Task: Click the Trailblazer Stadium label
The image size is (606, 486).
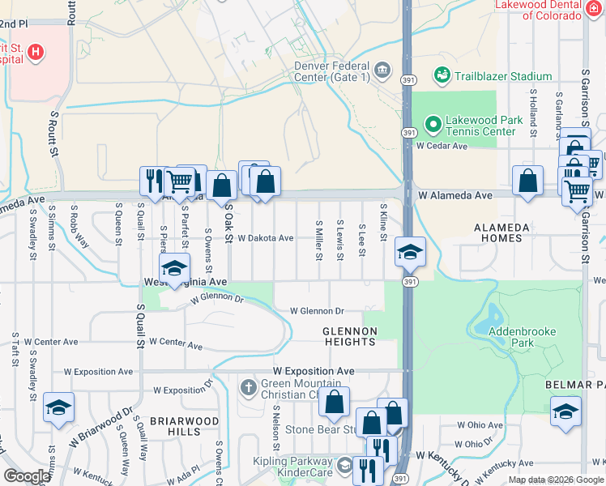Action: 502,76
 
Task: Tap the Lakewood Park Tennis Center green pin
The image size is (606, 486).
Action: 433,124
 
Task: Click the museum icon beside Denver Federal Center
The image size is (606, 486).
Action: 384,71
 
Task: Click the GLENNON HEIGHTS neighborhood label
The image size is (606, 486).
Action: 350,336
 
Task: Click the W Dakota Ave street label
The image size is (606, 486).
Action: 265,238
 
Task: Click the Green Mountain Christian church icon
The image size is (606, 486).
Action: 249,389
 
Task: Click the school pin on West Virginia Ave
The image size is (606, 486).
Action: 174,268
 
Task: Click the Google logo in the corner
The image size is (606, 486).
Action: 26,476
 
